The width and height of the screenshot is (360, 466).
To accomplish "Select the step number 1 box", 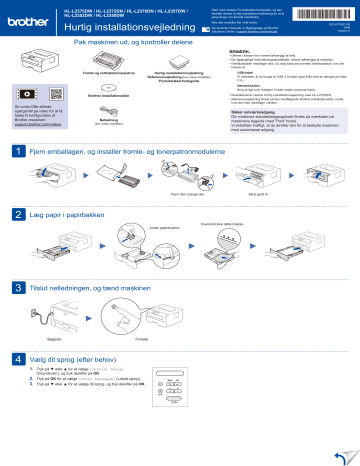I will click(x=17, y=151).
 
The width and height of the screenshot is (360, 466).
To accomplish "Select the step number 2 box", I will click(x=17, y=214).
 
